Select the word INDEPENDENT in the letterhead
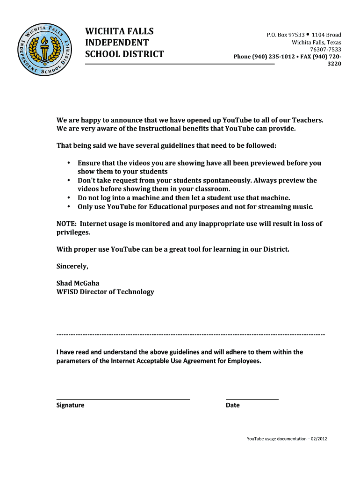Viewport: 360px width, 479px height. coord(117,43)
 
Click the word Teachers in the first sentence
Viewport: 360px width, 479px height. coord(306,120)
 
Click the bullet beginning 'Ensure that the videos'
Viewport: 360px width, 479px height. coord(68,163)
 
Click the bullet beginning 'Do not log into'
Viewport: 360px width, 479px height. coord(68,198)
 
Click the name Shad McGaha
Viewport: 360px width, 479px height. coord(78,283)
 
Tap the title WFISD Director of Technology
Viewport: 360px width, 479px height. coord(105,292)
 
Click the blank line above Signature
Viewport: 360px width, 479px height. coord(123,399)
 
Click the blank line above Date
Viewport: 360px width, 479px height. coord(252,399)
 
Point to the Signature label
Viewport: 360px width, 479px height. coord(70,405)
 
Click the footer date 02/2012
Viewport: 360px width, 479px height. coord(318,439)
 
